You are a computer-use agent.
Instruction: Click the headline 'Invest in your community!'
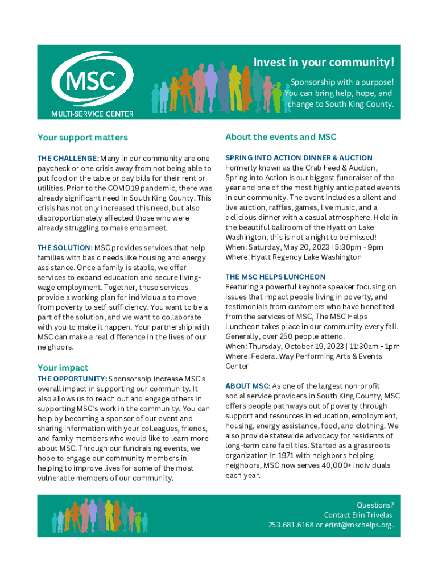coord(323,62)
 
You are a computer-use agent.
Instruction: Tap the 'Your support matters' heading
coord(82,138)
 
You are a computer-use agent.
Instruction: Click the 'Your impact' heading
coord(63,368)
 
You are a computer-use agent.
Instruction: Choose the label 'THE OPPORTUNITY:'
coord(72,379)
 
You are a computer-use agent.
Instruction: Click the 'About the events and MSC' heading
coord(281,137)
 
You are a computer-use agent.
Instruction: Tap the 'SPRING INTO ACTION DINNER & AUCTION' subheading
coord(299,158)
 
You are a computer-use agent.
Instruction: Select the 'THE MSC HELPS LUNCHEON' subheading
coord(267,277)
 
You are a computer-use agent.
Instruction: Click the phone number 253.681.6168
coord(291,525)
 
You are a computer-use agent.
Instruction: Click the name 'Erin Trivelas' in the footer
coord(371,515)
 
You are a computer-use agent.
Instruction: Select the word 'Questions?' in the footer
coord(375,505)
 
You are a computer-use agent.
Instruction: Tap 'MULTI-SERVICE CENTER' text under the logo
coord(93,114)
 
